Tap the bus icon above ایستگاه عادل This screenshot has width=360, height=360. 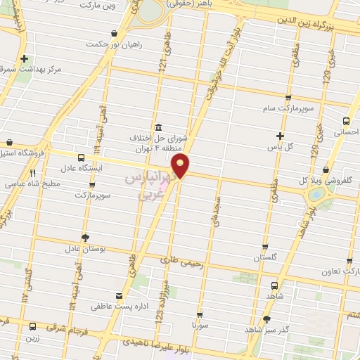click(80, 157)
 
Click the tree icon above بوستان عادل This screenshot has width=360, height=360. click(86, 238)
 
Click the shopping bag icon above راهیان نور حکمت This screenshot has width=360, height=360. click(115, 33)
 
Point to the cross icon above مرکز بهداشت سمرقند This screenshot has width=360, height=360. click(25, 59)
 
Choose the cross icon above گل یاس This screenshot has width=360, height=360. click(281, 135)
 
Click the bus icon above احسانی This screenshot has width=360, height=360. click(345, 120)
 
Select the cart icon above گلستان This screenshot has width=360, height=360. click(265, 247)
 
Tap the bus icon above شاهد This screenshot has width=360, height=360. click(274, 285)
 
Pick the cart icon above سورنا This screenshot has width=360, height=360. click(200, 315)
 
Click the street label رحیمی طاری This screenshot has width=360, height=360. click(181, 262)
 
